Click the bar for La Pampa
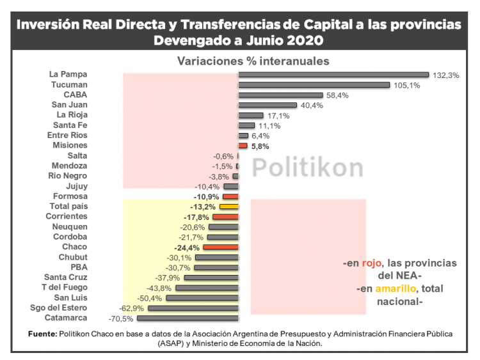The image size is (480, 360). pos(333,75)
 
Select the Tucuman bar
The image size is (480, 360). pos(314,85)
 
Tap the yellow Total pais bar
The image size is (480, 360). pos(228,207)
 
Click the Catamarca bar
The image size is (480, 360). pos(188,318)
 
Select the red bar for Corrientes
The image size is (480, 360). pos(225,217)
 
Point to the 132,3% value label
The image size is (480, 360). pos(445,75)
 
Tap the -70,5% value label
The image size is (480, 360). pos(122,318)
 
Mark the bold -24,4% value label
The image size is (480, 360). pos(187,247)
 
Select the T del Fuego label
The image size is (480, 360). pos(65,287)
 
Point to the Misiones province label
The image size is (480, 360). pos(70,145)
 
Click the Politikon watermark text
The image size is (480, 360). pos(307,168)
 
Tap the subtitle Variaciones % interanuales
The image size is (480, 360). pos(253,61)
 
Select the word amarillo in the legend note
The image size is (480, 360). pos(395,289)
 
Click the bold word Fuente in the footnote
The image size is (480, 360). pos(42,334)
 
